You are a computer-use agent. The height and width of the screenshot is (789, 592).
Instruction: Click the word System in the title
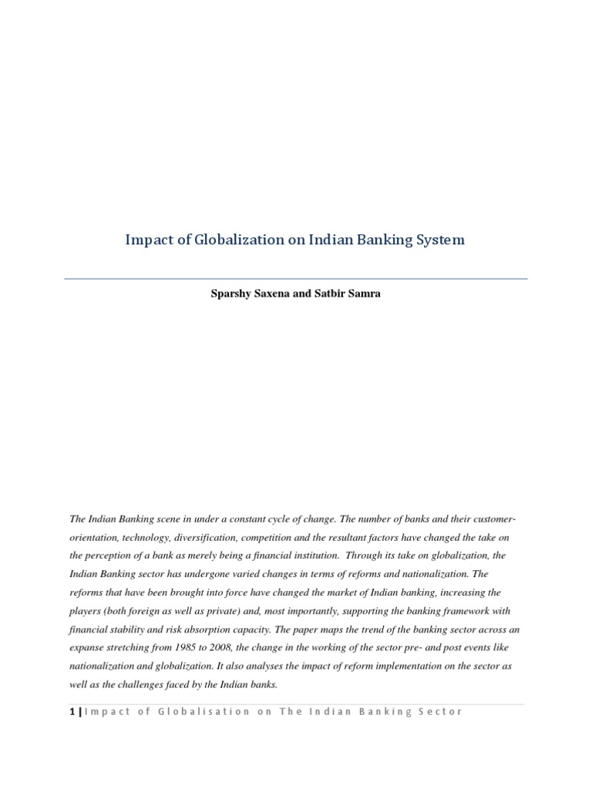click(439, 240)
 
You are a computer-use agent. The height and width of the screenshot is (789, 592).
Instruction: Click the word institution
click(308, 556)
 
